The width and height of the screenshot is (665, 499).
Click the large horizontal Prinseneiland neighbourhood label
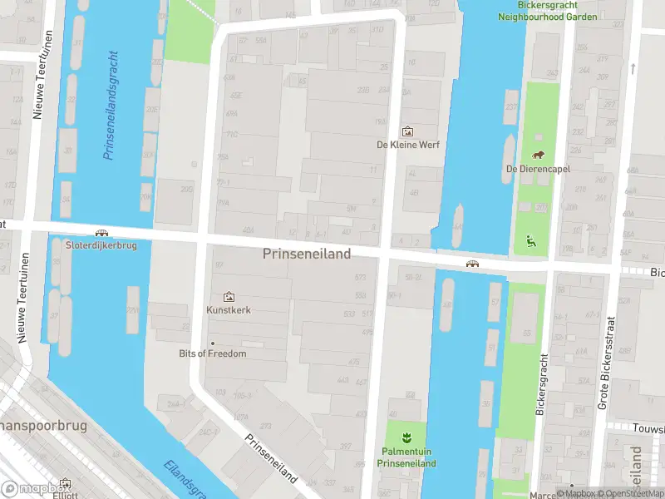point(307,254)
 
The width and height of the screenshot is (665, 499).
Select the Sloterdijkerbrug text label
point(101,245)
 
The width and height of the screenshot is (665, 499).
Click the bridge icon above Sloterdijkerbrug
point(101,234)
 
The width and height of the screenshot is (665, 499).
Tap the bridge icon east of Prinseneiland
point(472,264)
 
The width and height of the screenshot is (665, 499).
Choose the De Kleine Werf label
point(407,144)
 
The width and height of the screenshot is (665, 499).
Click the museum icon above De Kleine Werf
point(407,131)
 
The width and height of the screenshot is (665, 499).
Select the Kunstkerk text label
point(229,310)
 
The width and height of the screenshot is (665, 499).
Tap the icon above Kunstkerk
point(229,297)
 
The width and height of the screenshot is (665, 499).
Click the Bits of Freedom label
point(213,353)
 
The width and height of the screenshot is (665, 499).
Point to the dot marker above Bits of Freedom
point(213,343)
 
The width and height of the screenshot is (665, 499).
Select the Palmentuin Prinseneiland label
point(406,457)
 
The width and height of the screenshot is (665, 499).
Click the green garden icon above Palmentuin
point(406,437)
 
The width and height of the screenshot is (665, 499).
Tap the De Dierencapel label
point(537,169)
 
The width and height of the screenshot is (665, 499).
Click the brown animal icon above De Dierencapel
point(538,156)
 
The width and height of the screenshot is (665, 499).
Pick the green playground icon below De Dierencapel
point(530,242)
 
